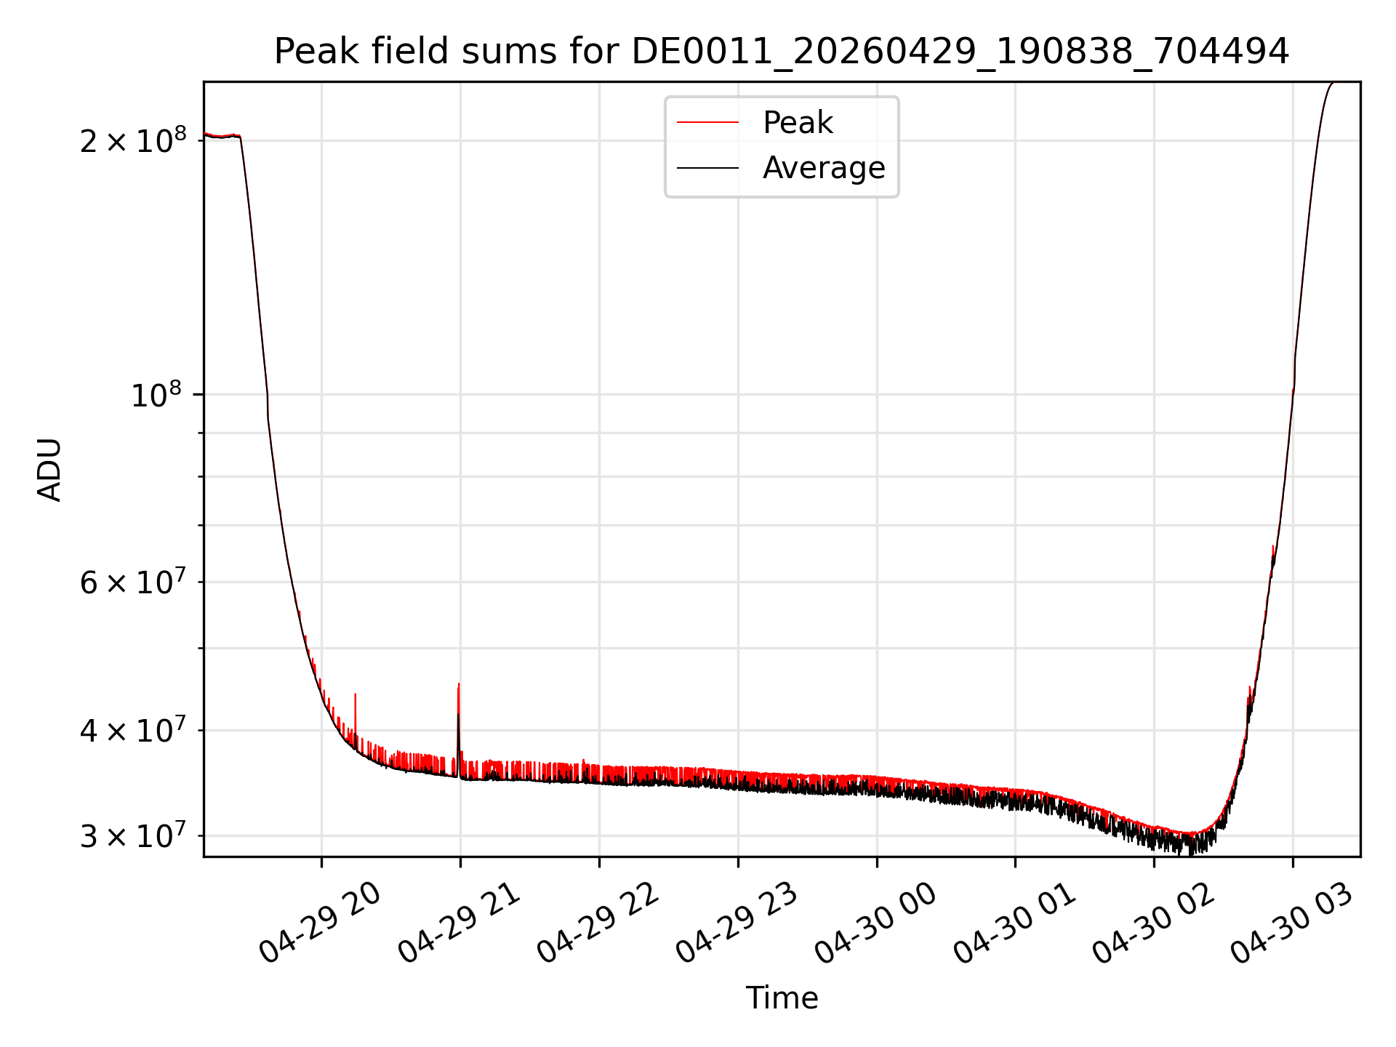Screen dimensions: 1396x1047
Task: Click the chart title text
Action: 782,52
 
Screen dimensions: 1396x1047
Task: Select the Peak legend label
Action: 798,122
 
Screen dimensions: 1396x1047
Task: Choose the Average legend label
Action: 824,168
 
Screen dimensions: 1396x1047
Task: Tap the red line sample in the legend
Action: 707,123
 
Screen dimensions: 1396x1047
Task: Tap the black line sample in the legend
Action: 707,168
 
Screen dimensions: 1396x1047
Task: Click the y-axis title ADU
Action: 49,470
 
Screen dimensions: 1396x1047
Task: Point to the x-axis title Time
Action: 782,998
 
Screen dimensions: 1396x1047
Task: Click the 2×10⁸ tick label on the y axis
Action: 133,139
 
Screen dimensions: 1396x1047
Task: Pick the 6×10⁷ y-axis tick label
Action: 133,581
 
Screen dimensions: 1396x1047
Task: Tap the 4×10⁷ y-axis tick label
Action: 133,729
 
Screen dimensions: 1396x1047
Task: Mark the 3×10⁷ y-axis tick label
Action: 133,835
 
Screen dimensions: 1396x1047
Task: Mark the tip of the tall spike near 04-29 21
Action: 459,683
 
